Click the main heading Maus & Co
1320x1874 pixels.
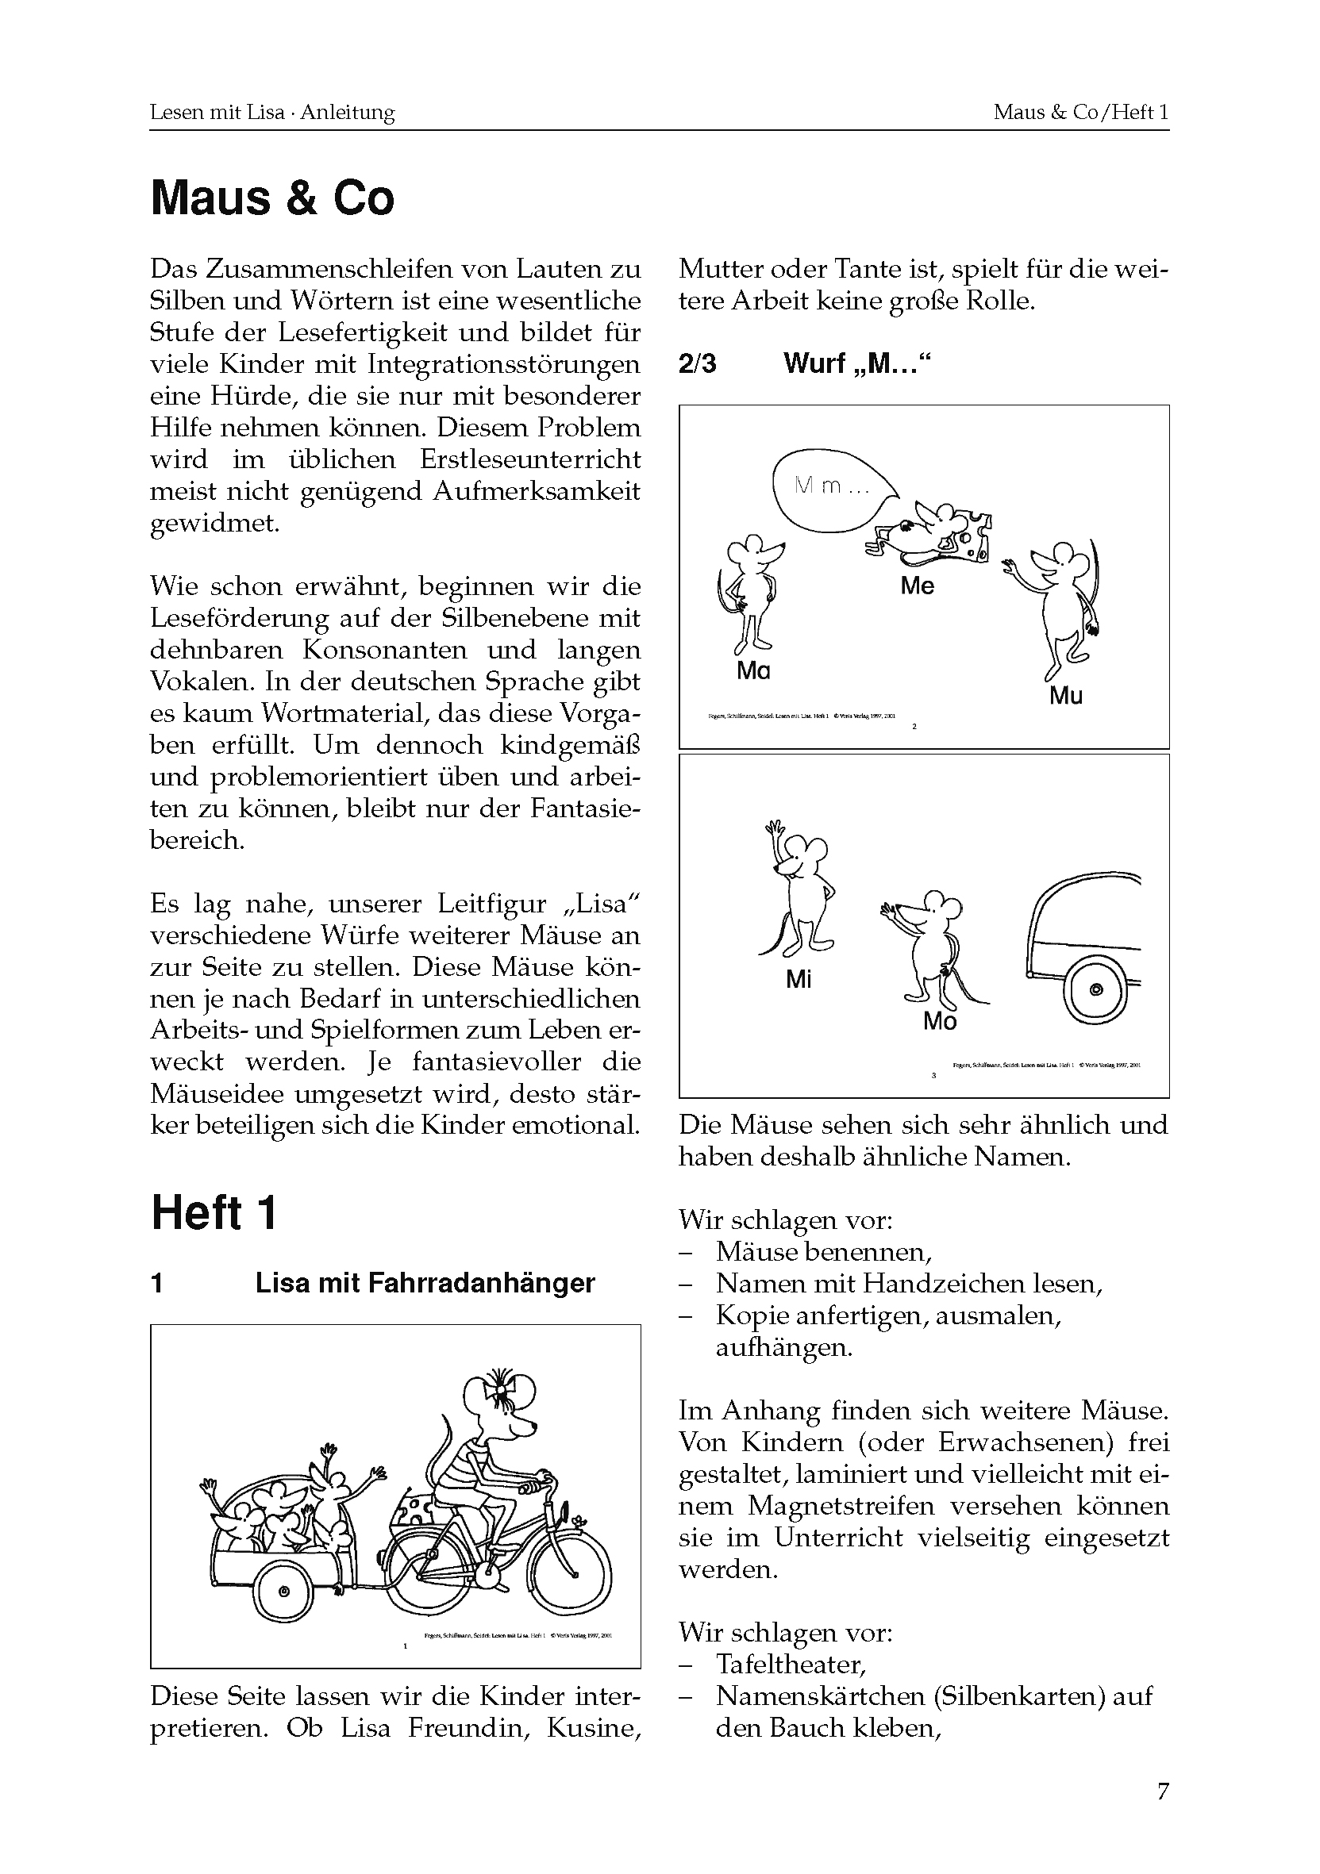point(271,198)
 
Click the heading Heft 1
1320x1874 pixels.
point(214,1213)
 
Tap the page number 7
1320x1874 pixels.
point(1163,1791)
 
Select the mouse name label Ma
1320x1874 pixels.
point(752,671)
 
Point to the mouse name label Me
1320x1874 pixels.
point(917,586)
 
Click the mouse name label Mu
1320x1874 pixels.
point(1065,697)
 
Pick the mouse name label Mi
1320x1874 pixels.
point(799,979)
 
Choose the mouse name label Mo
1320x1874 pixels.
point(939,1021)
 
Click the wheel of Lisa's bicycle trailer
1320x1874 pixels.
point(283,1592)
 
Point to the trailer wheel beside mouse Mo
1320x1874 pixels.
point(1095,990)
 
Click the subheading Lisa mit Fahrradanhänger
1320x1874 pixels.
point(425,1283)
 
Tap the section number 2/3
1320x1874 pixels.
point(697,363)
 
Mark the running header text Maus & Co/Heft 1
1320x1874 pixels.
point(1080,112)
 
